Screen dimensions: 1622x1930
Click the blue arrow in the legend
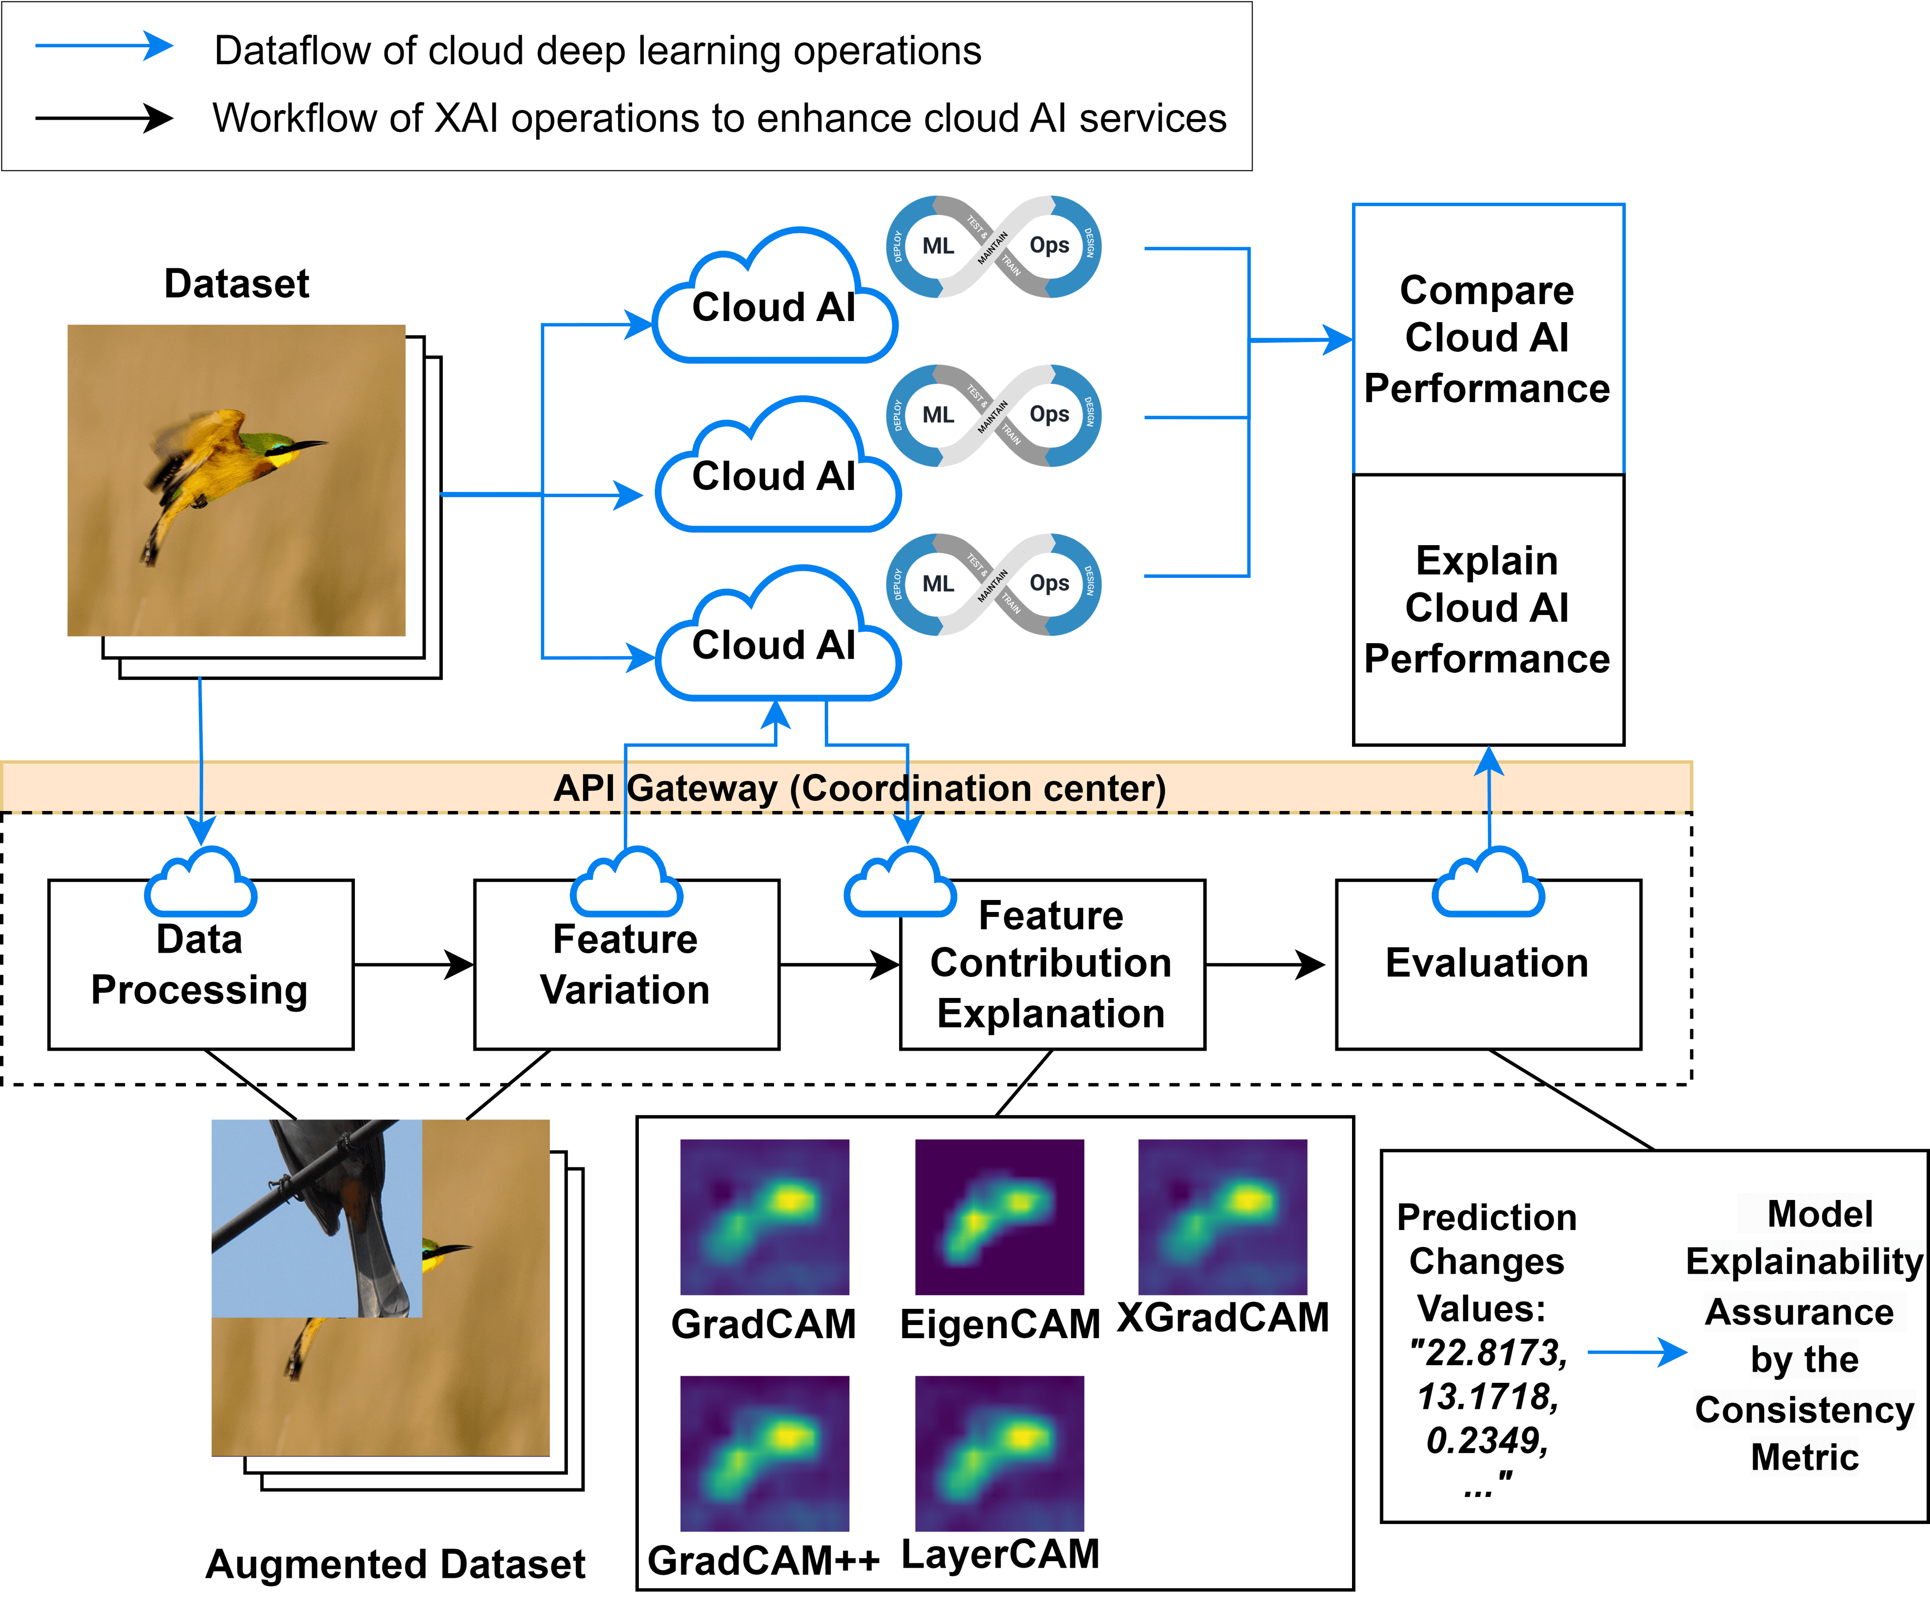click(103, 46)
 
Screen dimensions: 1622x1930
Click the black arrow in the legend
click(103, 118)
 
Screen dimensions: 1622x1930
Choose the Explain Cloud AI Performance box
click(1488, 610)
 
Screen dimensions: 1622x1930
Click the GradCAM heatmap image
click(764, 1216)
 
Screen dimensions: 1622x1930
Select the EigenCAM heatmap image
click(1000, 1216)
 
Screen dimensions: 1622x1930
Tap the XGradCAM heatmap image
click(1222, 1216)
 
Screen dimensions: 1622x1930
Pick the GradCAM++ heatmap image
click(764, 1453)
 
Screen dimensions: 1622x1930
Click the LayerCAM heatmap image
click(1000, 1453)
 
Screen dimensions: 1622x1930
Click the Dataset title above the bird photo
click(236, 283)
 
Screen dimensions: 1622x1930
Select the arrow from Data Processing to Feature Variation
click(414, 965)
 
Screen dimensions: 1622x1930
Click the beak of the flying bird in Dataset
click(308, 446)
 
